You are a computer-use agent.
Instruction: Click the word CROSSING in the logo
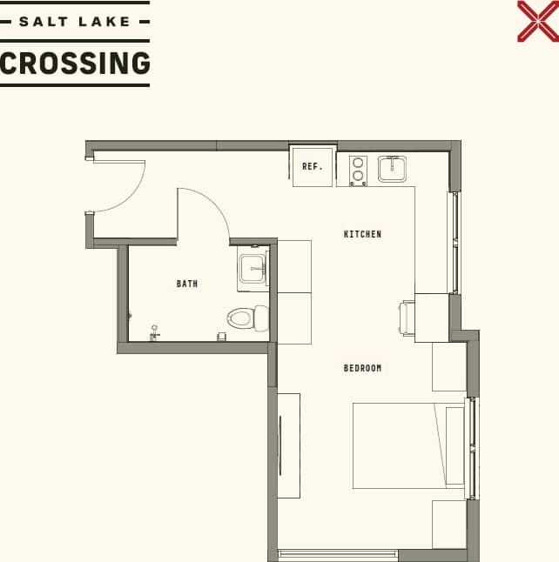point(75,64)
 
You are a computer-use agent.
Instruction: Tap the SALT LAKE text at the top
point(75,21)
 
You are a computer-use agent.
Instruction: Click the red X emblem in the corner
point(537,21)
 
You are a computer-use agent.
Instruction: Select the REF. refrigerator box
point(313,166)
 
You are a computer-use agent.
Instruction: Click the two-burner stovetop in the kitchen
point(358,171)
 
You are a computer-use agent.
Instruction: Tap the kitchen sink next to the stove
point(392,169)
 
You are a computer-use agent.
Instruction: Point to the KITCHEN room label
point(362,234)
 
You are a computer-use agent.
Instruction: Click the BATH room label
point(186,284)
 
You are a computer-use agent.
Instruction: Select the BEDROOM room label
point(362,368)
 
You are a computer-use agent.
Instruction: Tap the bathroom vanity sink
point(253,269)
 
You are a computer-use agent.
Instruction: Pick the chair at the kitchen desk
point(407,317)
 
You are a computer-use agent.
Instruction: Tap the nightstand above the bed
point(449,366)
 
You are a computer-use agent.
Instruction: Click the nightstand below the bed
point(449,524)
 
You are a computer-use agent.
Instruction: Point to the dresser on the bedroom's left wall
point(288,445)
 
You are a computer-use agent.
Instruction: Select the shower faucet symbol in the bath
point(154,332)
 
